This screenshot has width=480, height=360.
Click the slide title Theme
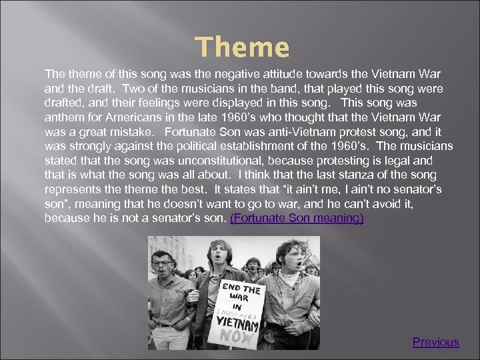point(243,47)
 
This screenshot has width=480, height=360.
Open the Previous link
point(435,342)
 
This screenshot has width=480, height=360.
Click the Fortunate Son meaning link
point(297,218)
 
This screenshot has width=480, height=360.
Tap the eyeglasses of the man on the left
point(161,263)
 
